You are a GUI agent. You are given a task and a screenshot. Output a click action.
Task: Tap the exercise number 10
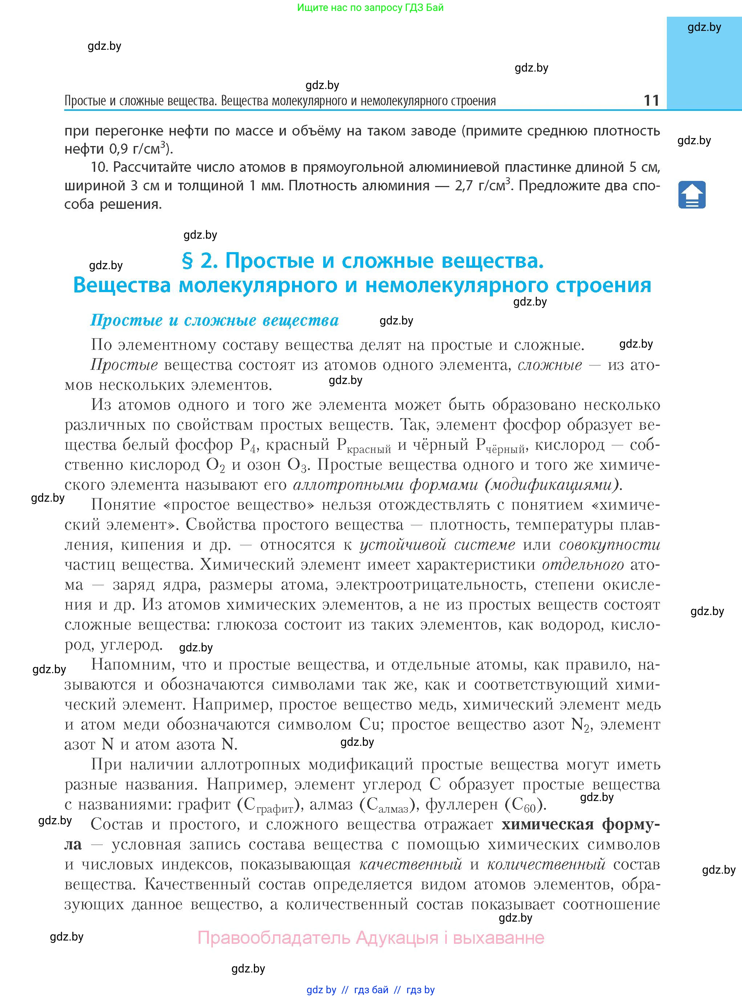click(100, 167)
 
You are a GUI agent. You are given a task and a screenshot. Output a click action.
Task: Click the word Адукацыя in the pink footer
click(397, 938)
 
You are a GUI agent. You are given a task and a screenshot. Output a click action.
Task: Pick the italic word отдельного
click(583, 565)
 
